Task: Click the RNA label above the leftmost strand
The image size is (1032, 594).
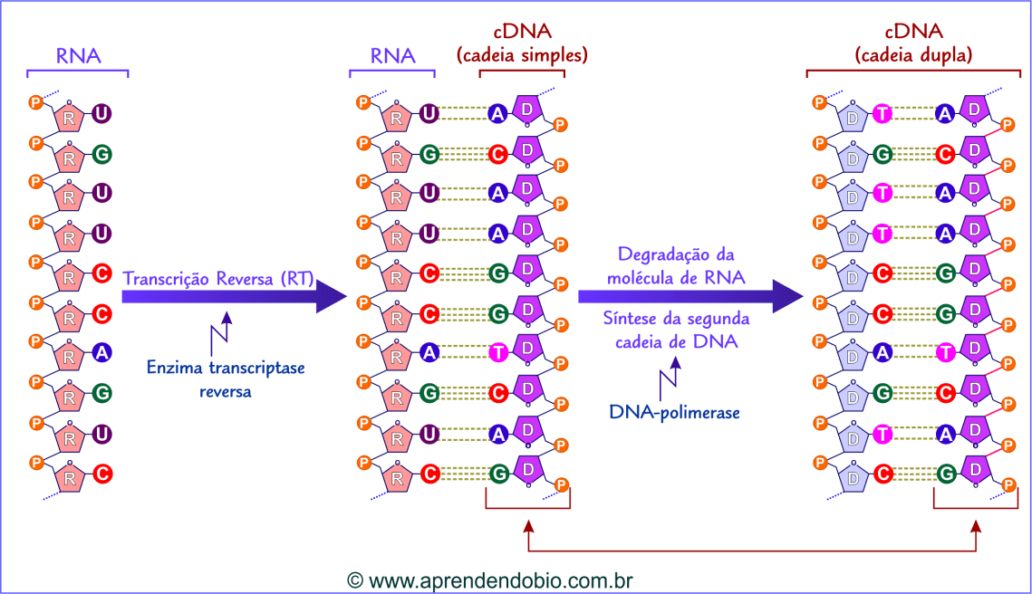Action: (x=78, y=56)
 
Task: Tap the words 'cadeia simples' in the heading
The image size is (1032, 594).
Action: (x=522, y=55)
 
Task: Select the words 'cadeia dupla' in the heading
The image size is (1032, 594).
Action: (x=913, y=55)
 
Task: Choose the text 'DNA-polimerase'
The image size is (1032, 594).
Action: (x=674, y=412)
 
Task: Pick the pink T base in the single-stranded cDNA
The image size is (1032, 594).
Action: (x=497, y=353)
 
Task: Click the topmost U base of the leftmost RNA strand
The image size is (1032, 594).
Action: (x=102, y=114)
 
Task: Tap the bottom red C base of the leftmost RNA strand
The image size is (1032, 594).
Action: (x=102, y=473)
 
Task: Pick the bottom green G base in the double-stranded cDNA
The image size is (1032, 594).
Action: (x=946, y=473)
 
